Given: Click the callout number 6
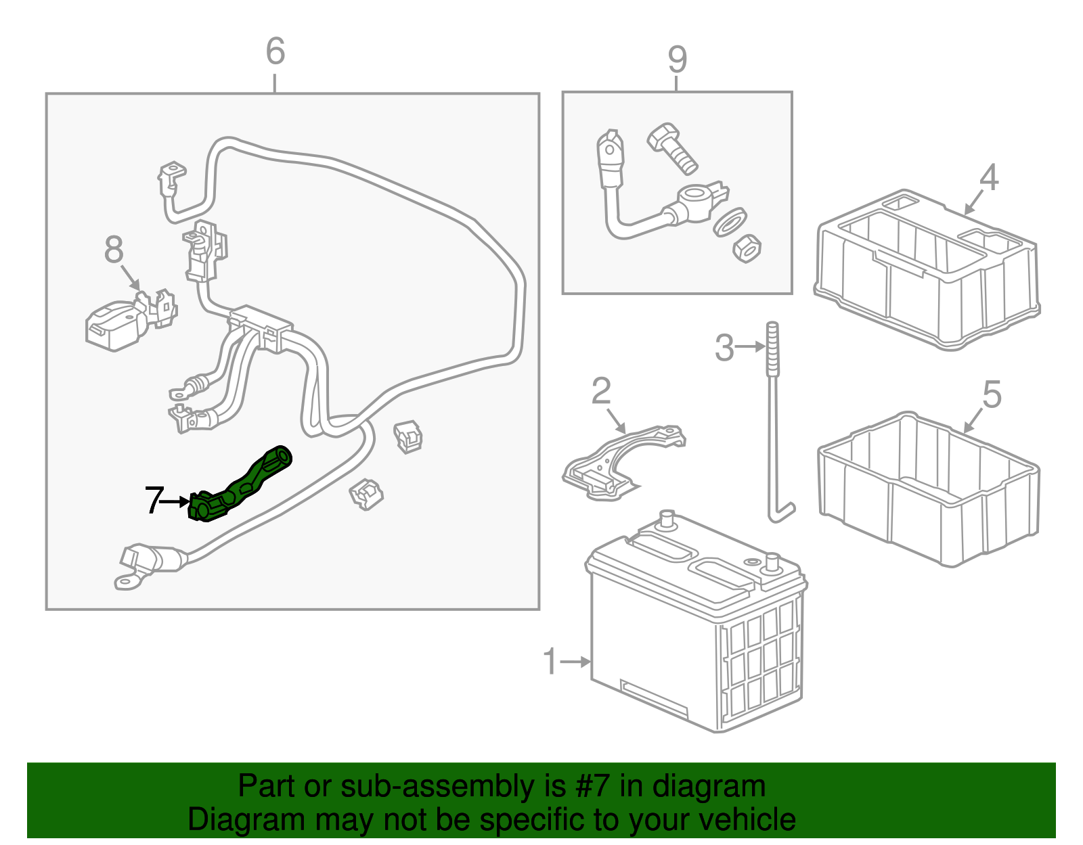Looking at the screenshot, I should tap(275, 51).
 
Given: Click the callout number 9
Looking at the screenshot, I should tap(677, 60).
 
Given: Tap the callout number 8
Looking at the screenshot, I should tap(114, 249).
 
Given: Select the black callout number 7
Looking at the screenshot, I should tap(154, 501).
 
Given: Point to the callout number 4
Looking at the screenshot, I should tap(989, 178).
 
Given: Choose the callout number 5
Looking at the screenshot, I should tap(991, 394).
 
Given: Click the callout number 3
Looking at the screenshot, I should tap(724, 348).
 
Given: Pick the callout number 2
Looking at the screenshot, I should tap(601, 391).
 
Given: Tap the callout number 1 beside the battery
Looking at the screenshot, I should tap(550, 662).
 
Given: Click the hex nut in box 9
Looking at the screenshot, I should tap(747, 249).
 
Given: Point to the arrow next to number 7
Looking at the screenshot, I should tap(178, 501).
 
